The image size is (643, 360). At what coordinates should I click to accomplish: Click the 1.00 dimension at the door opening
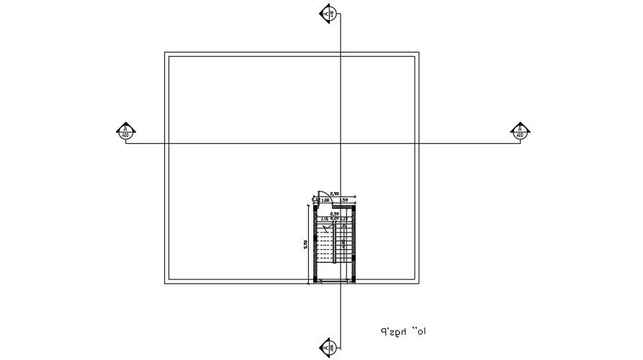[x=325, y=199]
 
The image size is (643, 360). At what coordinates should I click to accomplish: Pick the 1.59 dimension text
[x=344, y=199]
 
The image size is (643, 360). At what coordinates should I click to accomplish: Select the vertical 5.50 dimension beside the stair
[x=307, y=244]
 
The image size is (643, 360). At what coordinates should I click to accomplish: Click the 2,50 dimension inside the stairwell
[x=335, y=214]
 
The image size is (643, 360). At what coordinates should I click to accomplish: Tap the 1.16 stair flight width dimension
[x=325, y=219]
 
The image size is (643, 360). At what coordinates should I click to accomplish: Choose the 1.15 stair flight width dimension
[x=344, y=219]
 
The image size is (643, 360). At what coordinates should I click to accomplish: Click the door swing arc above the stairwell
[x=325, y=193]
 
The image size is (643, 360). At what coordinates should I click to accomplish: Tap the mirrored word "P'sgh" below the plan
[x=393, y=333]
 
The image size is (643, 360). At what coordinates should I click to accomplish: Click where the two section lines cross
[x=340, y=143]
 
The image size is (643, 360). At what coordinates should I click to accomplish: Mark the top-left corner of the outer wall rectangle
[x=165, y=53]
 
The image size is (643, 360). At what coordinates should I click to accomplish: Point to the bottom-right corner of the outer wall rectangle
[x=419, y=285]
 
